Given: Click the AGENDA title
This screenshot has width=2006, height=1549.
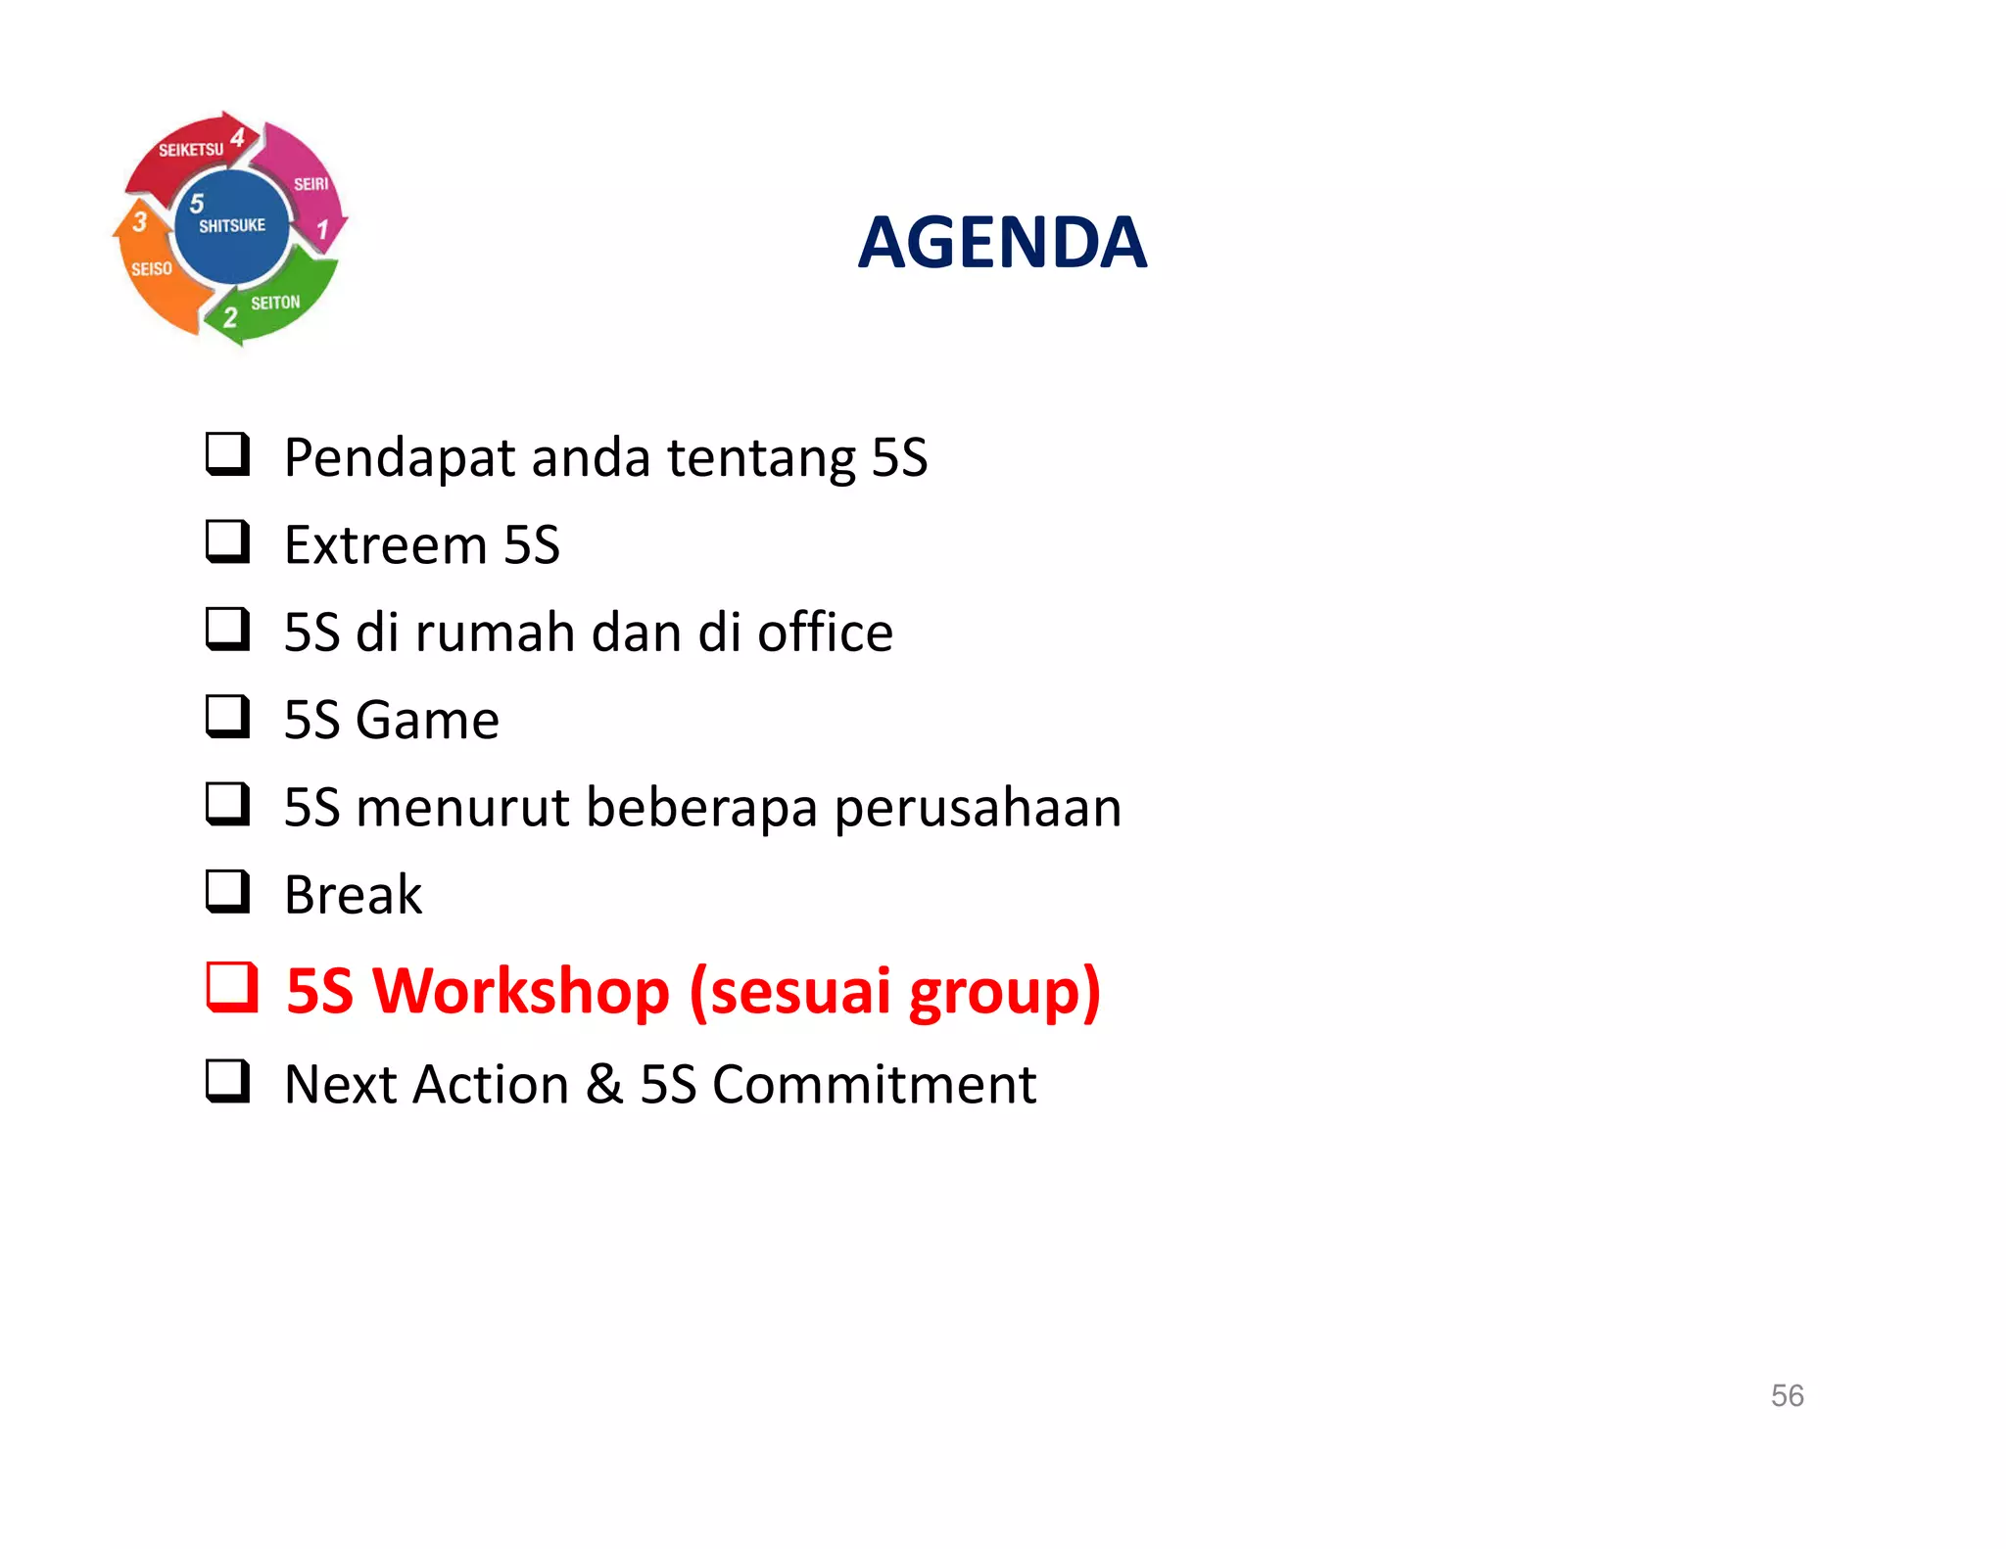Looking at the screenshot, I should coord(1001,243).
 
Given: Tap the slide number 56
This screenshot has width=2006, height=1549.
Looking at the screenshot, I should coord(1787,1395).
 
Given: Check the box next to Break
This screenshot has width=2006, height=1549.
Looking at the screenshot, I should coord(227,892).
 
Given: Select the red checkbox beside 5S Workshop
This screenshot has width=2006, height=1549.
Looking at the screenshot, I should coord(231,987).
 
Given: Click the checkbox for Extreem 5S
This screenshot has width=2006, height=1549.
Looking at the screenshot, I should coord(227,541).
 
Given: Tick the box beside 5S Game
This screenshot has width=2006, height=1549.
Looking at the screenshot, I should coord(227,717).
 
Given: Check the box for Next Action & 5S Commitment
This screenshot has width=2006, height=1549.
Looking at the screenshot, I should coord(227,1082).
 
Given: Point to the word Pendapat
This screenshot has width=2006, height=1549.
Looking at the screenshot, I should coord(399,458).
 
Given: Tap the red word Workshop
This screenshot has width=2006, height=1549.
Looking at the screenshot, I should coord(521,991).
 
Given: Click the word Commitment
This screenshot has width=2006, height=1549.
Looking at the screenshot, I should coord(874,1085).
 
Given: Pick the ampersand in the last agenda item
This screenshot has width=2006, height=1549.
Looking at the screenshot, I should coord(604,1085).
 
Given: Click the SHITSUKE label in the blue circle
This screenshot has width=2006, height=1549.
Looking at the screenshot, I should coord(232,226).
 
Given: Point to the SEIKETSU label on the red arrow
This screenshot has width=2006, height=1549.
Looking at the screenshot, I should coord(191,150).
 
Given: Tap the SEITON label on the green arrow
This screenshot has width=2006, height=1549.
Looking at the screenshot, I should coord(275,304).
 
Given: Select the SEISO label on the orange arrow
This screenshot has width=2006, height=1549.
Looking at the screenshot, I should coord(152,268).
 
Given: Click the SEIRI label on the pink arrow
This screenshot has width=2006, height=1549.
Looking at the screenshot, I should coord(311,184).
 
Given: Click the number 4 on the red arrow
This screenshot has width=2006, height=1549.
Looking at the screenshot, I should coord(238,136).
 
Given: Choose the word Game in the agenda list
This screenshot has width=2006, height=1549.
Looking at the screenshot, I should coord(427,721).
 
